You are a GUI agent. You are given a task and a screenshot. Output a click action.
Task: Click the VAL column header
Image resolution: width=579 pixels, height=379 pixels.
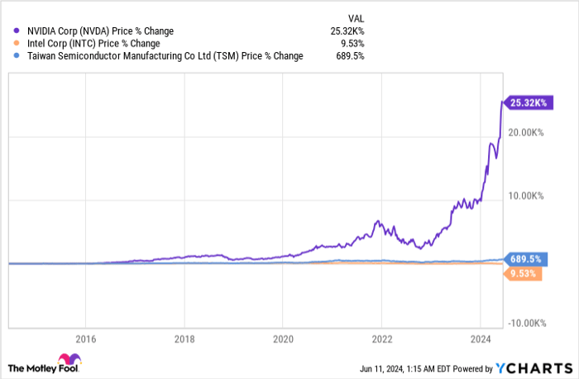(x=354, y=16)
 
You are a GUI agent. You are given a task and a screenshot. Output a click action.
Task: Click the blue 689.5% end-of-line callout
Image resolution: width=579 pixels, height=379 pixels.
(x=525, y=258)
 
